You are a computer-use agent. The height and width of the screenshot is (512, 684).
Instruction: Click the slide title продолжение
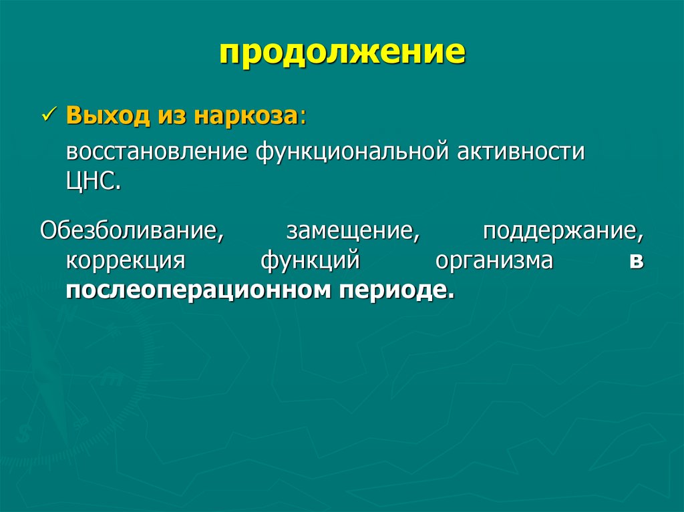(x=342, y=53)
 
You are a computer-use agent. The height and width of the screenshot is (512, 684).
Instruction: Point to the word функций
(x=311, y=260)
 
